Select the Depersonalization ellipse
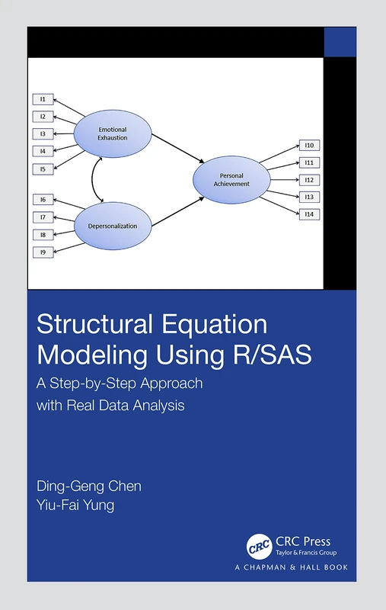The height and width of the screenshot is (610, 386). tap(113, 226)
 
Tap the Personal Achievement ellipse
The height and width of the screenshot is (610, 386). tap(231, 179)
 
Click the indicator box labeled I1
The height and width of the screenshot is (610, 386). tap(43, 99)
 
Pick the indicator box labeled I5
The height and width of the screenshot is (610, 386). tap(43, 169)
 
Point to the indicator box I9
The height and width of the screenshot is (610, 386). tap(43, 252)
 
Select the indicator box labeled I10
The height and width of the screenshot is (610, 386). tap(311, 145)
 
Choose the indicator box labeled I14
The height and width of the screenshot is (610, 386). tap(311, 214)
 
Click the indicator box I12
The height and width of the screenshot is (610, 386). tap(311, 180)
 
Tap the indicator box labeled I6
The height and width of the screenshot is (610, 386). tap(43, 200)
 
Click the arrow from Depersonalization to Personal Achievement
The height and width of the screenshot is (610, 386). tap(177, 211)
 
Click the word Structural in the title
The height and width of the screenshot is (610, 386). tap(88, 325)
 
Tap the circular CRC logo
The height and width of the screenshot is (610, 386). tap(259, 546)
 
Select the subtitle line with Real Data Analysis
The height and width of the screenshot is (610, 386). tap(111, 405)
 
